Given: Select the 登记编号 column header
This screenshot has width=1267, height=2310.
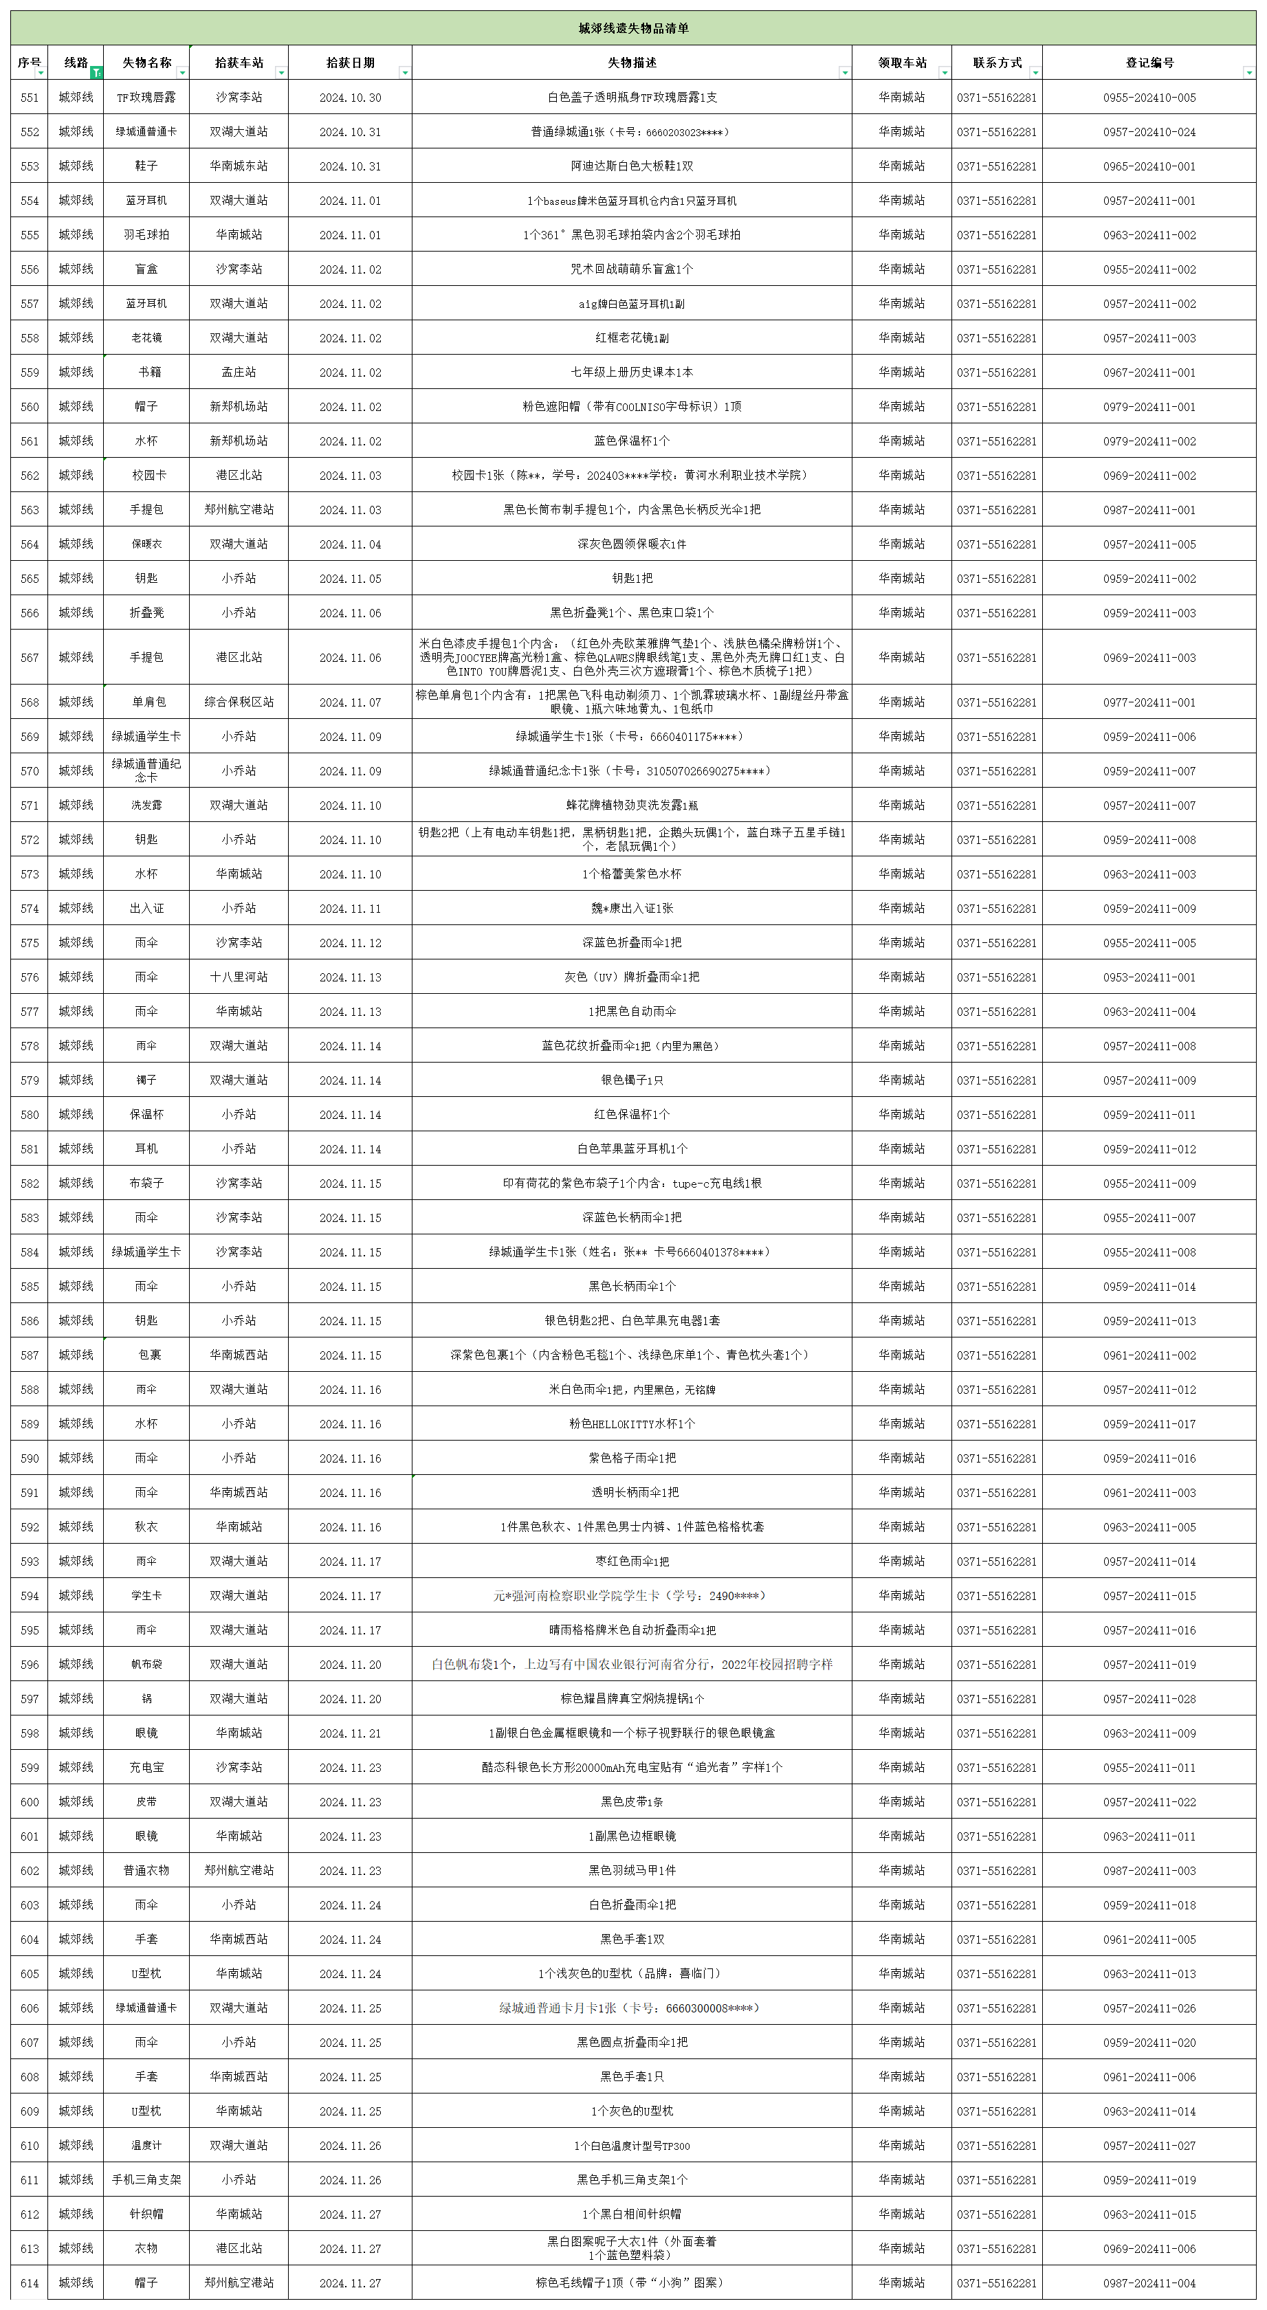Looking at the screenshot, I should point(1149,63).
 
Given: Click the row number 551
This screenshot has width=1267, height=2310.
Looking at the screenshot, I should point(30,98).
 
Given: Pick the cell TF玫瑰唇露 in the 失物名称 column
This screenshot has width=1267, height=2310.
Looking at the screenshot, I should point(146,98).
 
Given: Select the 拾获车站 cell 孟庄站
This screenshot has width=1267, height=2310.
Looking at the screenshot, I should point(239,372).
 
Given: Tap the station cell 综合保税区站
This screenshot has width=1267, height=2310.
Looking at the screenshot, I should point(239,702).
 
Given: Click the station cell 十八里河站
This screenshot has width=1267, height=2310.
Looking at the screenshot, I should point(239,977).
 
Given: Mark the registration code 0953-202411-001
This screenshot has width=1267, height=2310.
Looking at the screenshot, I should point(1149,977).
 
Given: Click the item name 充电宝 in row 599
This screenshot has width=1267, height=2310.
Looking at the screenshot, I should point(146,1768).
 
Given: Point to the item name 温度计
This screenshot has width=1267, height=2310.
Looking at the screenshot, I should point(146,2145).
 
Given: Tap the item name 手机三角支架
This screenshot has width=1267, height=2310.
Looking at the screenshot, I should point(146,2179).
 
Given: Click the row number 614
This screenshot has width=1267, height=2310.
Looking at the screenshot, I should point(30,2283).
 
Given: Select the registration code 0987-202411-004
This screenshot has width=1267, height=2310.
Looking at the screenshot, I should point(1149,2283).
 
